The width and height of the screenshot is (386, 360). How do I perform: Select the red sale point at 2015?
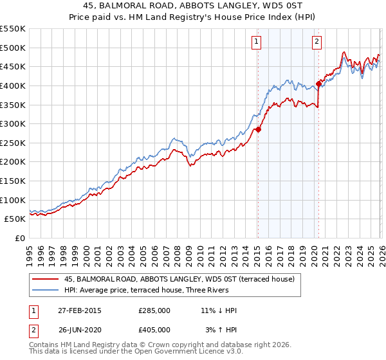[x=258, y=129]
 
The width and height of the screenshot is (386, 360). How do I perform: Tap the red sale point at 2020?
[x=318, y=84]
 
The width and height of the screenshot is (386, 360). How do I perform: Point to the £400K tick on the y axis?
[x=13, y=85]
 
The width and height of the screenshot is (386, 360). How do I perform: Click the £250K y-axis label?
[x=13, y=143]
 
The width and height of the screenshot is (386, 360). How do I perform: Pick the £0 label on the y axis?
[x=19, y=238]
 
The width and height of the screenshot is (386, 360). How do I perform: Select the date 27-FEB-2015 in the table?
[x=78, y=310]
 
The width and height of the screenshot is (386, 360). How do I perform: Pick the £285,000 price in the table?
[x=154, y=310]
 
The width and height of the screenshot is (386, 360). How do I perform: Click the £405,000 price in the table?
[x=154, y=329]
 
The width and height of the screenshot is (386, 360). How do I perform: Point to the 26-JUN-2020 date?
[x=78, y=329]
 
